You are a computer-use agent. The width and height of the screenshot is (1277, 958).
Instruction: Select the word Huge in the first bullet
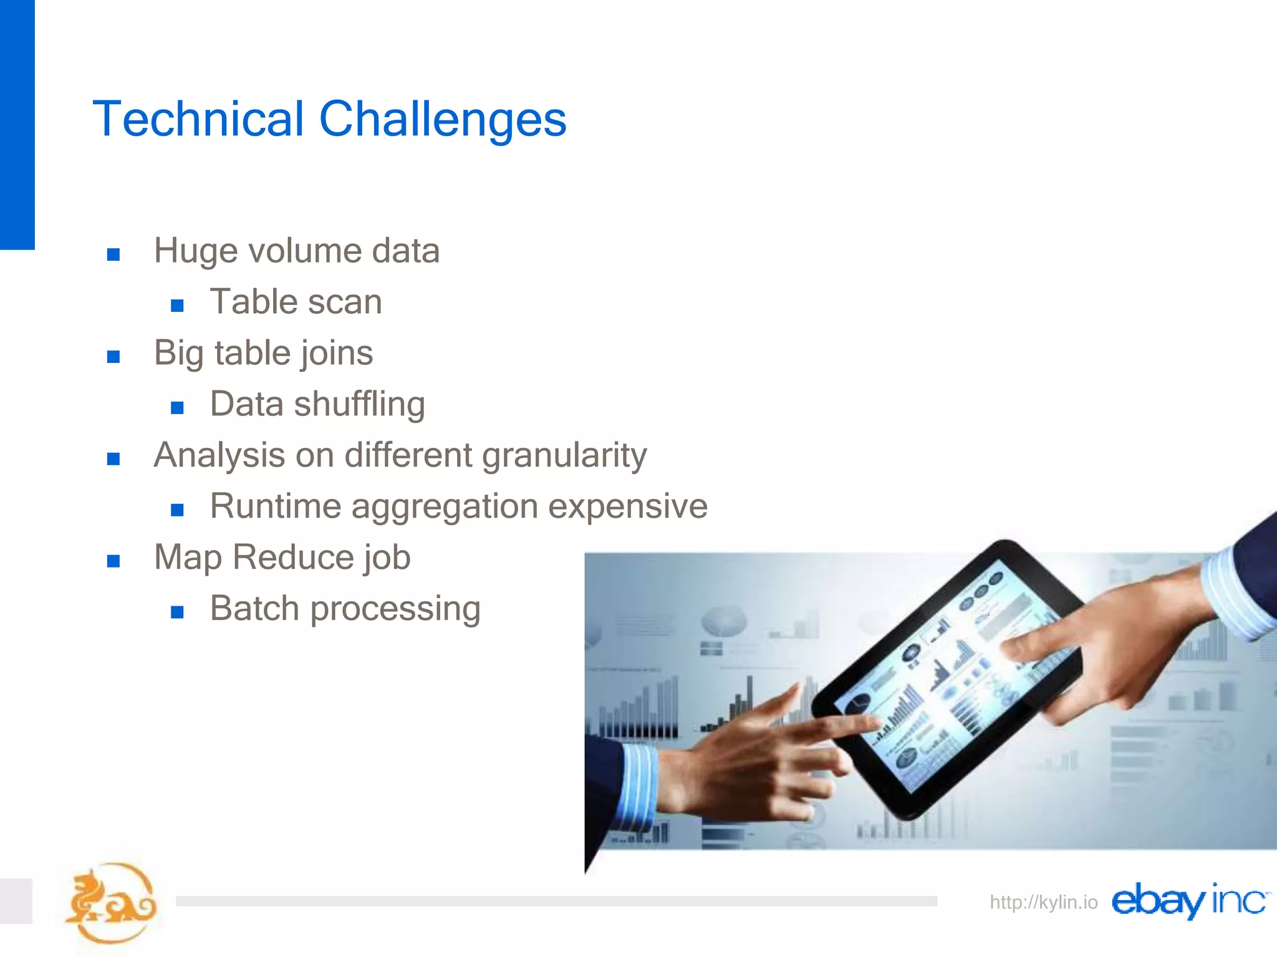pos(196,251)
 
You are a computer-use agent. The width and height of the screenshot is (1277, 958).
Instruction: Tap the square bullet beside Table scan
pos(177,306)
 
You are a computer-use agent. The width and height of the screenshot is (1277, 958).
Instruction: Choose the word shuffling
pos(359,405)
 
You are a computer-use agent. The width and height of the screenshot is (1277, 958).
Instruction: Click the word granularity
pos(564,456)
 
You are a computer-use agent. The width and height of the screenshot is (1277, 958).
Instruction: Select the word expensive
pos(627,507)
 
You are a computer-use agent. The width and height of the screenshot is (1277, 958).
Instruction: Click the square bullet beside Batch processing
pos(177,612)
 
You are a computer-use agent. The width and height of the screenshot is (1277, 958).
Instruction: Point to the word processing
pos(395,609)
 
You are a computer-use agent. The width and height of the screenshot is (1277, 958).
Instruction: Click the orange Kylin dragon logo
pos(111,902)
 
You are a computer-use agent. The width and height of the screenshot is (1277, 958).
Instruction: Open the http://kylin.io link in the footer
pos(1043,902)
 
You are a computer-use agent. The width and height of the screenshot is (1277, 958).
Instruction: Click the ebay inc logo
pos(1188,901)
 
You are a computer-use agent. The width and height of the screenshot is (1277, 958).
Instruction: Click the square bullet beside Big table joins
pos(113,357)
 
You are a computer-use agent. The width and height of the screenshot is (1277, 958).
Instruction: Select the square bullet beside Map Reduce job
pos(113,561)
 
